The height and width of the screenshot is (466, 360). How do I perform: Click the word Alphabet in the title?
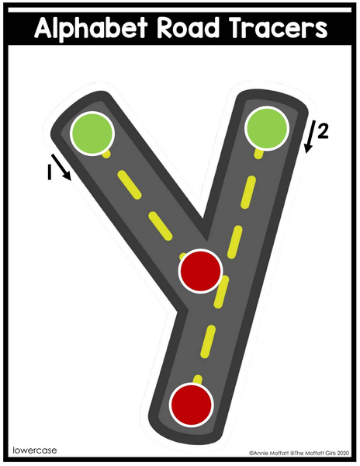click(x=91, y=27)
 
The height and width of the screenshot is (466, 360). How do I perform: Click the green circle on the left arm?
click(x=92, y=134)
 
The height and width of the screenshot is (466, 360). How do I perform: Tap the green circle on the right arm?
click(x=267, y=128)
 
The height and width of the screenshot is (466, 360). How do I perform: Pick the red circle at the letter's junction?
click(x=201, y=271)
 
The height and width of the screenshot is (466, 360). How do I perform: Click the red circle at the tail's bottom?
click(x=192, y=405)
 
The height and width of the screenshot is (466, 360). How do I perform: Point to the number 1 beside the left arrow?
click(x=50, y=172)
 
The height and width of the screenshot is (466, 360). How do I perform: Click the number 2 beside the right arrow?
click(x=323, y=131)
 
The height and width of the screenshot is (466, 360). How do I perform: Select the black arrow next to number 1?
click(x=61, y=167)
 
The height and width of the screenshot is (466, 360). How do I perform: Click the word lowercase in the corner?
click(x=35, y=450)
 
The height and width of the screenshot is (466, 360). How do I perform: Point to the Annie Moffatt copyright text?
click(x=299, y=454)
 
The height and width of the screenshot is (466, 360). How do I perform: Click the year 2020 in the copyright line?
click(x=344, y=454)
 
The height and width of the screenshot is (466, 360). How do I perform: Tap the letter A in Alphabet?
click(x=43, y=27)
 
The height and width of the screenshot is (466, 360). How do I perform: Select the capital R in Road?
click(x=164, y=27)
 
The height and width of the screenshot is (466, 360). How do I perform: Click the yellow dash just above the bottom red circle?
click(x=197, y=380)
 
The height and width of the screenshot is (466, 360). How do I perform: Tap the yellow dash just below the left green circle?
click(x=106, y=154)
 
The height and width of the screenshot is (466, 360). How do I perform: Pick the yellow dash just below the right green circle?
click(x=259, y=153)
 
